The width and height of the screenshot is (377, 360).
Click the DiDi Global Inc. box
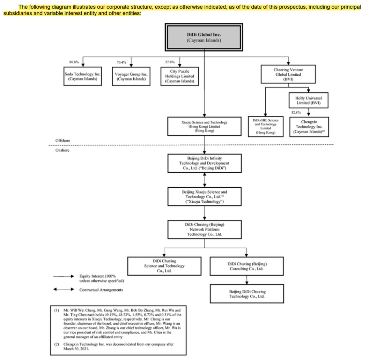click(204, 37)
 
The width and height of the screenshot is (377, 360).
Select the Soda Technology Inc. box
click(83, 76)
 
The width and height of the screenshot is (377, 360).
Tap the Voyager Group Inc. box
click(131, 76)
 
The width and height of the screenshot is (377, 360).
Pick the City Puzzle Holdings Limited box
click(180, 76)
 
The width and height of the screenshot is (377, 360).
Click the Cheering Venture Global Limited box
click(288, 74)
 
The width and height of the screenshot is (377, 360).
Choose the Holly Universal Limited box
click(309, 100)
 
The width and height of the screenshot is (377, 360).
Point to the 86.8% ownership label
click(74, 62)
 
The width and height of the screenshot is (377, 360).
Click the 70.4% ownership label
click(121, 62)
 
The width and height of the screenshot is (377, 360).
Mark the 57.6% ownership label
click(170, 62)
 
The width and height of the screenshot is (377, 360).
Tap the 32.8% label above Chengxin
click(296, 112)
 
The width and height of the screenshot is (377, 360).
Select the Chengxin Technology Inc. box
click(309, 127)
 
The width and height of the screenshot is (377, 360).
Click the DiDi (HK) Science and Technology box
click(266, 127)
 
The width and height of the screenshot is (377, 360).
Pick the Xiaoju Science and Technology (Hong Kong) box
click(204, 126)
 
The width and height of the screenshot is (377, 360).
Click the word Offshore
click(63, 141)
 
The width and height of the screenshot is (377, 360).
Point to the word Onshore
click(62, 150)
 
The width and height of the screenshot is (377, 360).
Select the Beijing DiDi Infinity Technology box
click(205, 163)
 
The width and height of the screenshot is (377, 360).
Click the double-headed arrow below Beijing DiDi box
click(205, 180)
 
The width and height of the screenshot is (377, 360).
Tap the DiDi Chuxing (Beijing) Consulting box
click(247, 266)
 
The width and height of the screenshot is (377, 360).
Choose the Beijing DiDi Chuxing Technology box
click(247, 294)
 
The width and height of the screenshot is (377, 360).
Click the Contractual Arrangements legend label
click(101, 290)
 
